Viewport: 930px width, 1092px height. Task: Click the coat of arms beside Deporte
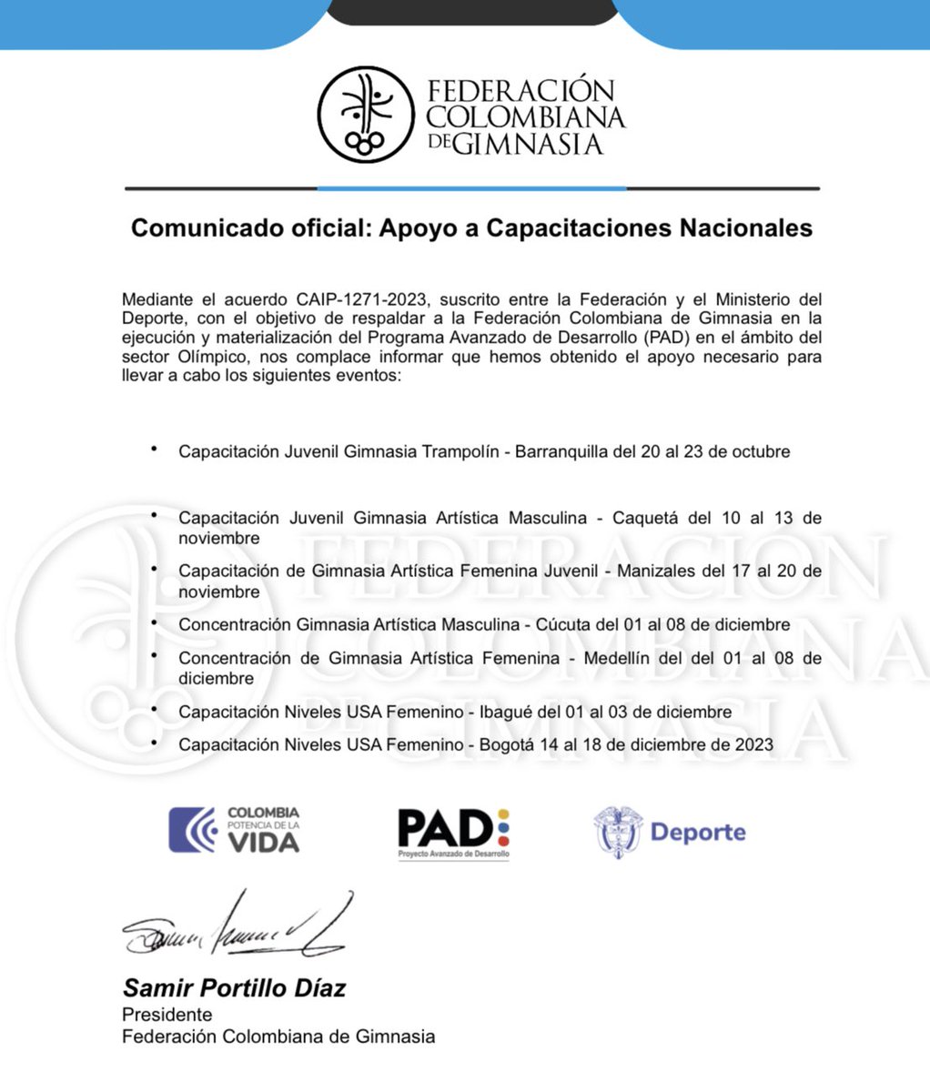618,832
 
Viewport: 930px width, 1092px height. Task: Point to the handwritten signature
237,927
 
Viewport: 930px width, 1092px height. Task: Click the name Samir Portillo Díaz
234,988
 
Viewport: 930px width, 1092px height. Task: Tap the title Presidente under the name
167,1014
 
